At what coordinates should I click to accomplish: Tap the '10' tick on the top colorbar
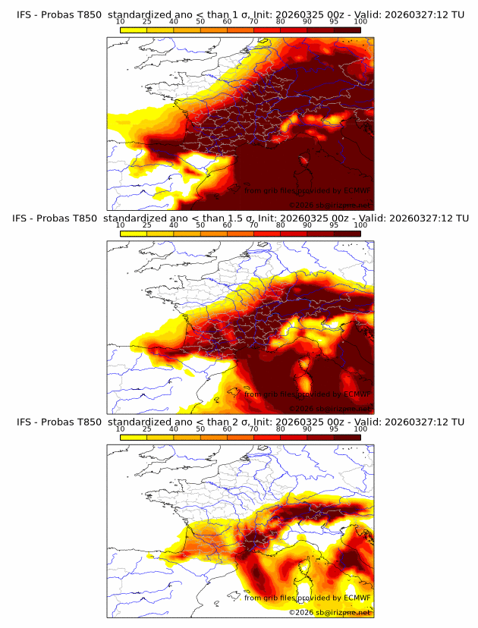(x=121, y=21)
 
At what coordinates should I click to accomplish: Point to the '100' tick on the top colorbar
(x=360, y=21)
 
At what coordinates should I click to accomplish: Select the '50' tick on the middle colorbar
(x=200, y=225)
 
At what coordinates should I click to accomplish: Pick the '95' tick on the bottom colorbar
(x=334, y=429)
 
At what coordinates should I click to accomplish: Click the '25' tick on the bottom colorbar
(x=147, y=429)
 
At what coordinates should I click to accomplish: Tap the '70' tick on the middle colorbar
(x=253, y=225)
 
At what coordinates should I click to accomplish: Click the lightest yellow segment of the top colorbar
(x=134, y=30)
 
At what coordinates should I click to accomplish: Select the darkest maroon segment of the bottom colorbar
(x=347, y=438)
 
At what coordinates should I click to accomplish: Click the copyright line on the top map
(x=329, y=205)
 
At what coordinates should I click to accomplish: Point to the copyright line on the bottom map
(x=329, y=612)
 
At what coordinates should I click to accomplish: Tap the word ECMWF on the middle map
(x=357, y=394)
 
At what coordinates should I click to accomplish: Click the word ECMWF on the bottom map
(x=357, y=598)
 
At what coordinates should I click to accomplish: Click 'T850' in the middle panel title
(x=89, y=218)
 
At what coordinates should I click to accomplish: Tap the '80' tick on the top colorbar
(x=281, y=21)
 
